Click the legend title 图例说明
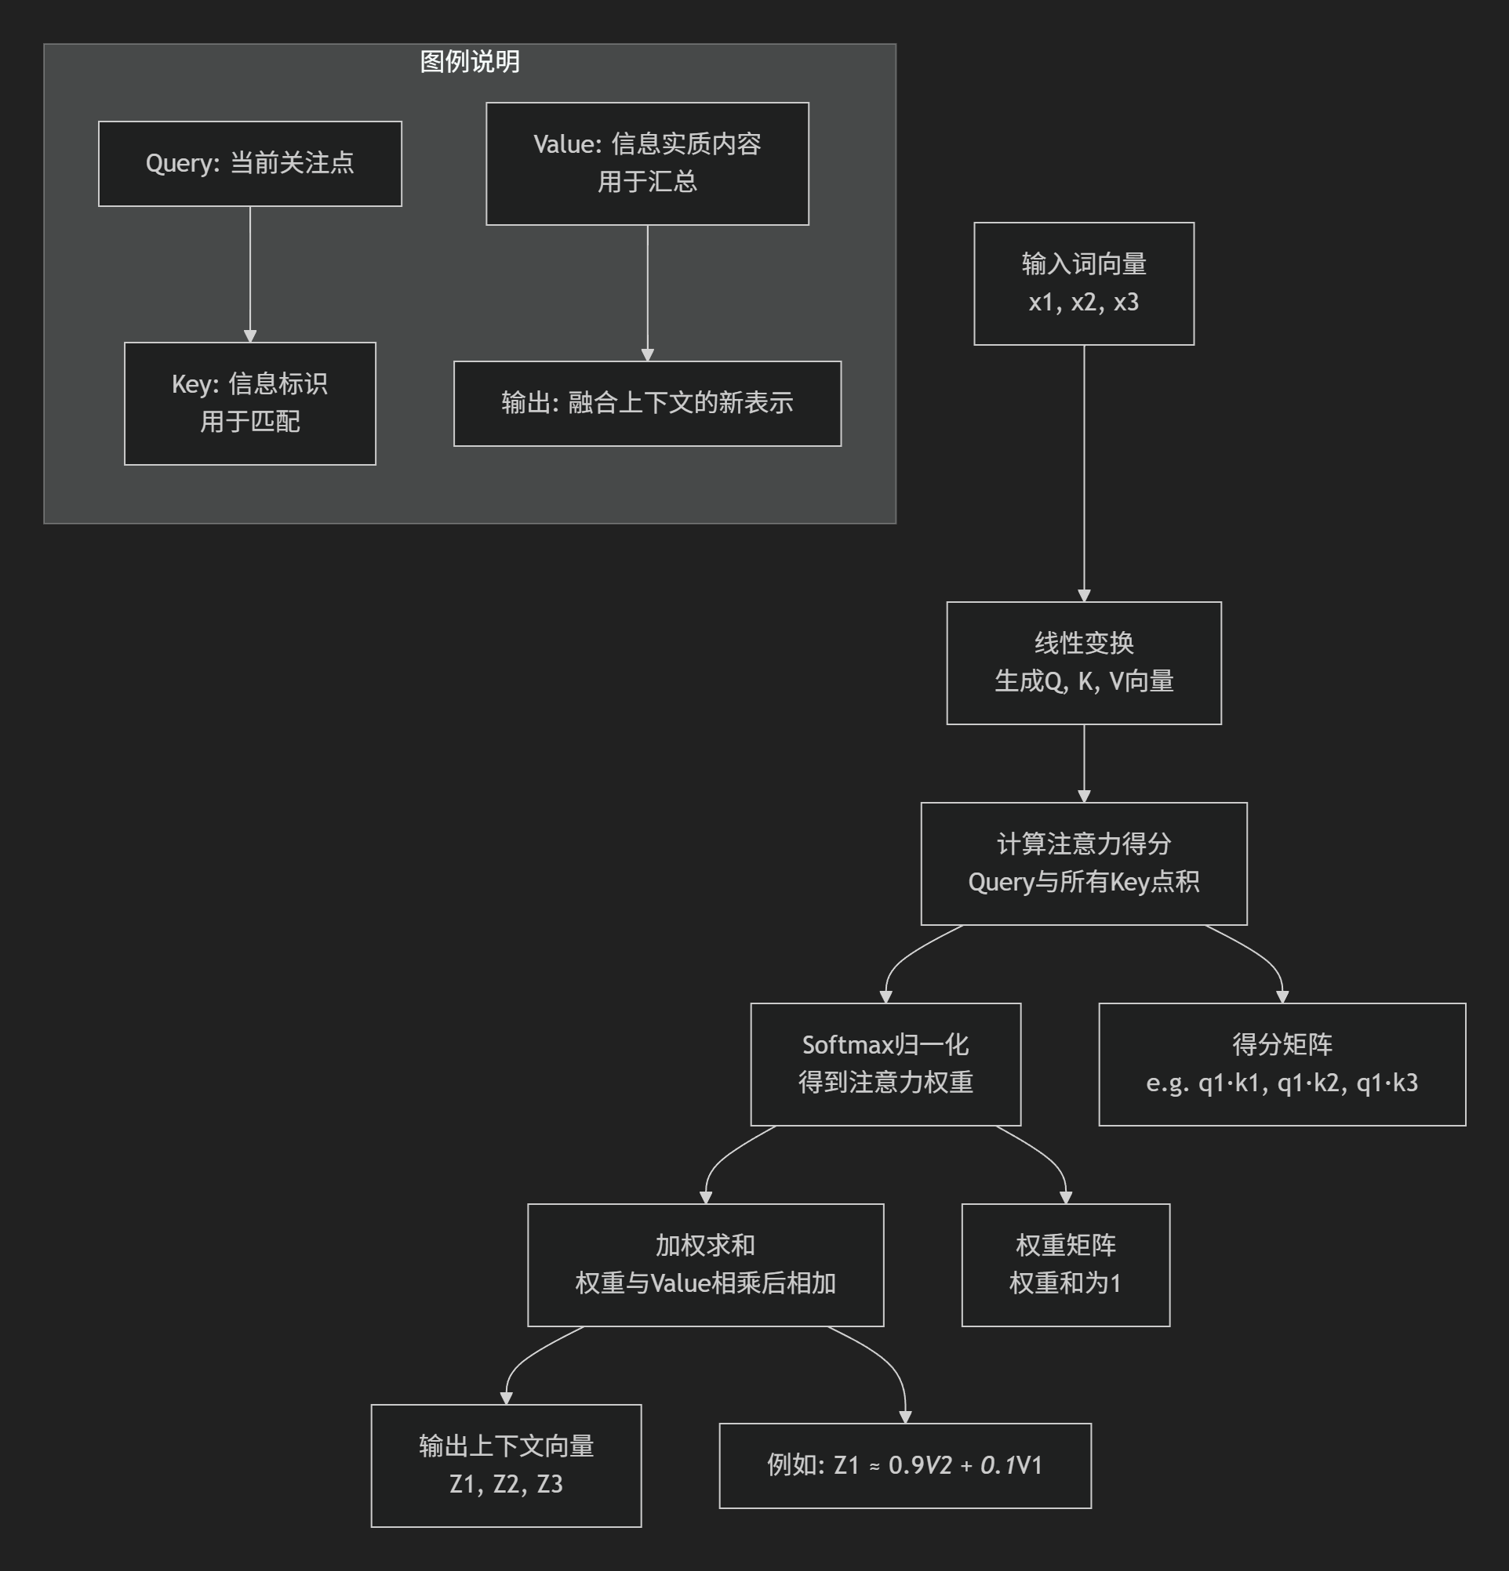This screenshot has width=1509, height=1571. (470, 62)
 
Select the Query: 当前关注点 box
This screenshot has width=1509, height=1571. (249, 164)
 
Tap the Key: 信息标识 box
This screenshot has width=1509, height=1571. (249, 403)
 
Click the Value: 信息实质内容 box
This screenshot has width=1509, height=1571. (647, 164)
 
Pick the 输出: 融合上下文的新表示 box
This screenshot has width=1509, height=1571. (647, 403)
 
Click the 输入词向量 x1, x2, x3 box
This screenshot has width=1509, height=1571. (1083, 284)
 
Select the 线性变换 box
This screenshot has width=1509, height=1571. (1083, 663)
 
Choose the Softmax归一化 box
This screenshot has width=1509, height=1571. (885, 1064)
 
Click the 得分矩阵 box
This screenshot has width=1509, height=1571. (1282, 1064)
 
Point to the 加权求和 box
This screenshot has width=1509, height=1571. (705, 1264)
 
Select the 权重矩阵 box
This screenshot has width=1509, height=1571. (1065, 1264)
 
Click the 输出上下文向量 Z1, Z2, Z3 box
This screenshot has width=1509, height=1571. (506, 1465)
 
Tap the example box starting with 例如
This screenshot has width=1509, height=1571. (904, 1465)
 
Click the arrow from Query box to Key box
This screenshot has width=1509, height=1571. (250, 273)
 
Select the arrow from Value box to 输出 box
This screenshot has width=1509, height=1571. (647, 292)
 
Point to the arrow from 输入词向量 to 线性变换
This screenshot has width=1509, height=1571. (1084, 473)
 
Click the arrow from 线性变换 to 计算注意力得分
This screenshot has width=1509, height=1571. (1084, 763)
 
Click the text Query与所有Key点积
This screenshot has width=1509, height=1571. (1083, 883)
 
